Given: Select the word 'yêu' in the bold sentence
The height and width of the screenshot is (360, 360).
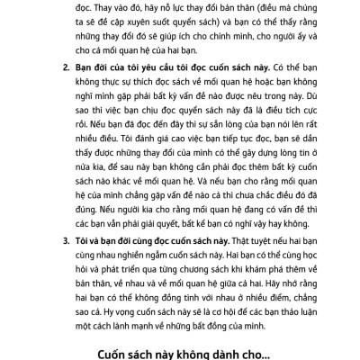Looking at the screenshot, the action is click(x=139, y=67).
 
